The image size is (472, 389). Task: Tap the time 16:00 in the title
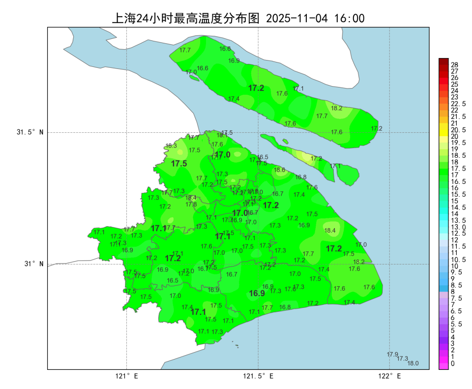click(x=349, y=19)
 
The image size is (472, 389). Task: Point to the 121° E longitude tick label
click(x=127, y=376)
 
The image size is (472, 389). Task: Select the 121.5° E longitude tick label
click(x=259, y=376)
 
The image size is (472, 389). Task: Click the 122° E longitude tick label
click(x=390, y=376)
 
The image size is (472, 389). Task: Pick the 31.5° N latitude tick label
click(x=30, y=132)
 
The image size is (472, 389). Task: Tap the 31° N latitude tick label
click(x=34, y=264)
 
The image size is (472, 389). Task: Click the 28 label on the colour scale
click(x=454, y=65)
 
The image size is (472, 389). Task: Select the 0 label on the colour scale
click(x=453, y=363)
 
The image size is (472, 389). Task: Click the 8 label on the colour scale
click(x=453, y=292)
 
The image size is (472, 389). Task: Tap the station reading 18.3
click(x=171, y=146)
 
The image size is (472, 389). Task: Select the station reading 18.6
click(x=280, y=170)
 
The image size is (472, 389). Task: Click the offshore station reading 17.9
click(x=392, y=355)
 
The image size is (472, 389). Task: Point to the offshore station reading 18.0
click(x=413, y=363)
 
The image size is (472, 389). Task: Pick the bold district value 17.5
click(x=179, y=164)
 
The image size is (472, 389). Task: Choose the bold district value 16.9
click(x=257, y=294)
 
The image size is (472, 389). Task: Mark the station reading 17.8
click(x=191, y=205)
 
